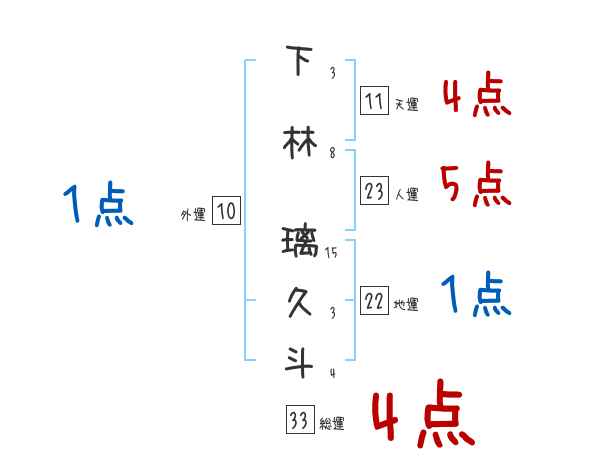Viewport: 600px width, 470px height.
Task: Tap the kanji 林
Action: tap(299, 141)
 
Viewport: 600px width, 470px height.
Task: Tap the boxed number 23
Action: tap(374, 190)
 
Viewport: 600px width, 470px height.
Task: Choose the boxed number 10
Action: tap(226, 211)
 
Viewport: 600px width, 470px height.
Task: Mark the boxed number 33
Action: tap(297, 420)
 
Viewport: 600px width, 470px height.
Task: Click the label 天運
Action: tap(406, 104)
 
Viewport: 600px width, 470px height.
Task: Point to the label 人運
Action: tap(406, 195)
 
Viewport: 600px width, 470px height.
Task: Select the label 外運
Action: tap(193, 215)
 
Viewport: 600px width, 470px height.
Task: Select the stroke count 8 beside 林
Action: tap(331, 153)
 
